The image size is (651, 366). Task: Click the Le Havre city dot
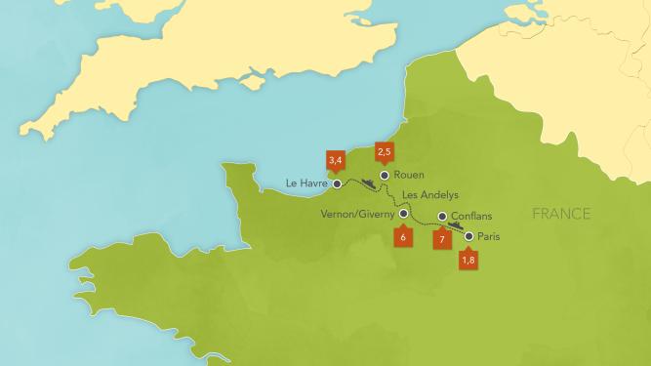[337, 183]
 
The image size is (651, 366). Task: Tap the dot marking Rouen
[385, 175]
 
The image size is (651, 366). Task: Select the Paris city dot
[468, 236]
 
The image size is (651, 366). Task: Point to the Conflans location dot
[442, 217]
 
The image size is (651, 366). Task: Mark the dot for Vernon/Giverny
[404, 213]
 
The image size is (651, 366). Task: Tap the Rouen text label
[411, 176]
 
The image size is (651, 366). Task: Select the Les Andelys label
[430, 194]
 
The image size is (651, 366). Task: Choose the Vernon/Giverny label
[358, 213]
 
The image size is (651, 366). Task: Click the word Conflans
[472, 217]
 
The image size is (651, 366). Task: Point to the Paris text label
[490, 236]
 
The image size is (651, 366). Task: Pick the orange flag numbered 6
[402, 236]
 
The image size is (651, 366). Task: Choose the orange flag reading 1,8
[468, 260]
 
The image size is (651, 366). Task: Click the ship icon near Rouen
[369, 182]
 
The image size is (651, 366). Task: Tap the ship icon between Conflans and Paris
[454, 224]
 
